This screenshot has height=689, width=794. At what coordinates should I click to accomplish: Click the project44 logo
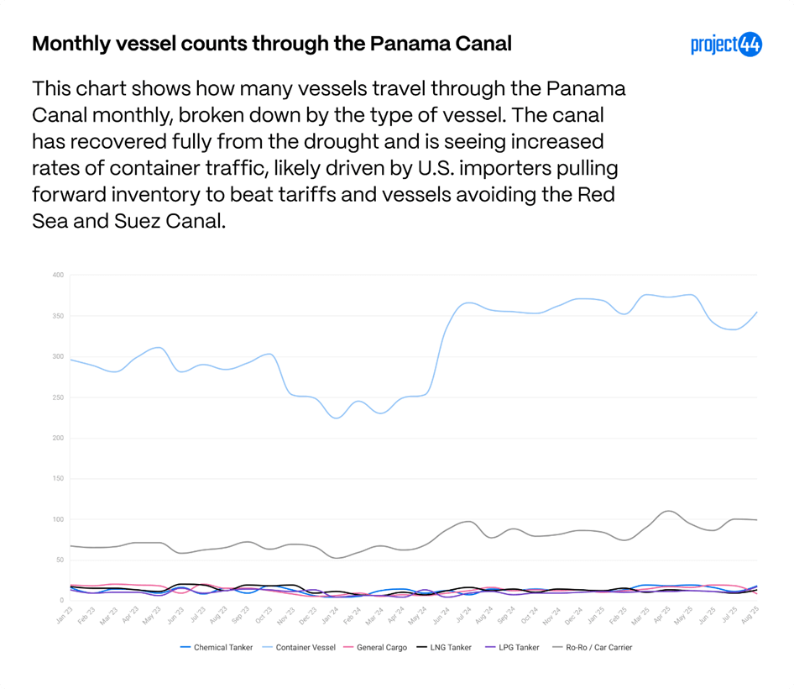tap(726, 45)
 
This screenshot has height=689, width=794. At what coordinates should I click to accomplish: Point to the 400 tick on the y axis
tap(58, 275)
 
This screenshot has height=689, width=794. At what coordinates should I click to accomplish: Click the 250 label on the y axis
tap(58, 397)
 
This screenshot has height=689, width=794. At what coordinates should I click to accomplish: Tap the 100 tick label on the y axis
tap(58, 519)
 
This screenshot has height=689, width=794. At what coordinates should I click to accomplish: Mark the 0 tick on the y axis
tap(61, 601)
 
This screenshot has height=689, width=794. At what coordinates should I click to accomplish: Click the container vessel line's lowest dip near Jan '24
tap(337, 418)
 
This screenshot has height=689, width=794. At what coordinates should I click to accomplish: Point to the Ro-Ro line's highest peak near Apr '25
tap(667, 510)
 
